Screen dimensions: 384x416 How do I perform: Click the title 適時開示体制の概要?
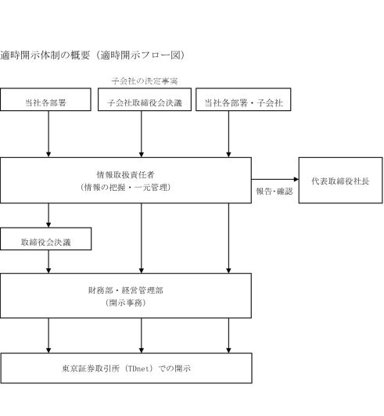[x=45, y=56]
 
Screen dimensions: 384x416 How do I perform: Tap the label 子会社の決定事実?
[x=145, y=81]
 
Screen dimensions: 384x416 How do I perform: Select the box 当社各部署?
[x=45, y=99]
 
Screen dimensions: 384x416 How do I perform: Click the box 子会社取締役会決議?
[x=145, y=99]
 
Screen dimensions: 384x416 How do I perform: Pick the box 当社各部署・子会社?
[x=243, y=99]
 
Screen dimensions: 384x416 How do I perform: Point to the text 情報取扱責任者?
[x=125, y=174]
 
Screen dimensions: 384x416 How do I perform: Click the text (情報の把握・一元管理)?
[x=125, y=188]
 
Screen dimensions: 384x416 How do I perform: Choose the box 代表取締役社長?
[x=341, y=181]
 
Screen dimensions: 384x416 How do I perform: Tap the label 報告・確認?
[x=275, y=191]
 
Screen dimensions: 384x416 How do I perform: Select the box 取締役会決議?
[x=45, y=238]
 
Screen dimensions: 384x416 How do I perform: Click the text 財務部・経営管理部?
[x=125, y=290]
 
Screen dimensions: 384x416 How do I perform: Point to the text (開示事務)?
[x=125, y=303]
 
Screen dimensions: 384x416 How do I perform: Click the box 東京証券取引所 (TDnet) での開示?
[x=126, y=368]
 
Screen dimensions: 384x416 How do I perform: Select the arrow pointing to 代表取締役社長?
[x=275, y=179]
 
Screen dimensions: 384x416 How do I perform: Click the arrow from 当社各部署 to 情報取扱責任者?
[x=48, y=134]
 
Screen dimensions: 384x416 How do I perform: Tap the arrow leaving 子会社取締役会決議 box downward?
[x=142, y=134]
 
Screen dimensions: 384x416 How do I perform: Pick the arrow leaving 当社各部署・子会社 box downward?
[x=228, y=134]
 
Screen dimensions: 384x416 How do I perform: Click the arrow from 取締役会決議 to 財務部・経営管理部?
[x=48, y=262]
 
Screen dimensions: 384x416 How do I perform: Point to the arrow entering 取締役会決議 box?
[x=48, y=216]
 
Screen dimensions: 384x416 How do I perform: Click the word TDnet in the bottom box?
[x=138, y=368]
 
